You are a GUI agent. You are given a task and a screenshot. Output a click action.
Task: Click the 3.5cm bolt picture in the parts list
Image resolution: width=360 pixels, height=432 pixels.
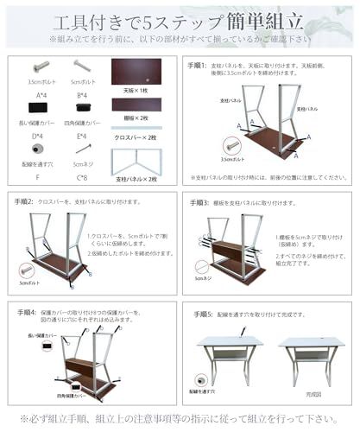click(x=39, y=67)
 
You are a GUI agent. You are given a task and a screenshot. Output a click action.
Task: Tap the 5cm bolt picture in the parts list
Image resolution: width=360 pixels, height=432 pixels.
click(x=81, y=66)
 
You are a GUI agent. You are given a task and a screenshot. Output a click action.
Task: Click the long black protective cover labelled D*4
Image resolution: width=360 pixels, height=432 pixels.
click(x=39, y=108)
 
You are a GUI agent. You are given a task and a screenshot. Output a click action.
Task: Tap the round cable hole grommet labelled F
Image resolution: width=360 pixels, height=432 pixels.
click(x=40, y=149)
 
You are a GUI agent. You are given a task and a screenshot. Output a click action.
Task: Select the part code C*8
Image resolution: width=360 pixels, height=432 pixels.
click(x=82, y=178)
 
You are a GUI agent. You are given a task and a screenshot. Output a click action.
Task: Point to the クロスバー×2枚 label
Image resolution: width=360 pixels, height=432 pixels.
click(x=136, y=137)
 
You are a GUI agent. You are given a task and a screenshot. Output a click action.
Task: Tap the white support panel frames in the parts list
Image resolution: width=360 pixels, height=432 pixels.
click(x=136, y=159)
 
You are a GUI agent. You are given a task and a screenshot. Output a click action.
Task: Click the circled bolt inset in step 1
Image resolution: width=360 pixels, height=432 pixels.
click(x=230, y=145)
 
